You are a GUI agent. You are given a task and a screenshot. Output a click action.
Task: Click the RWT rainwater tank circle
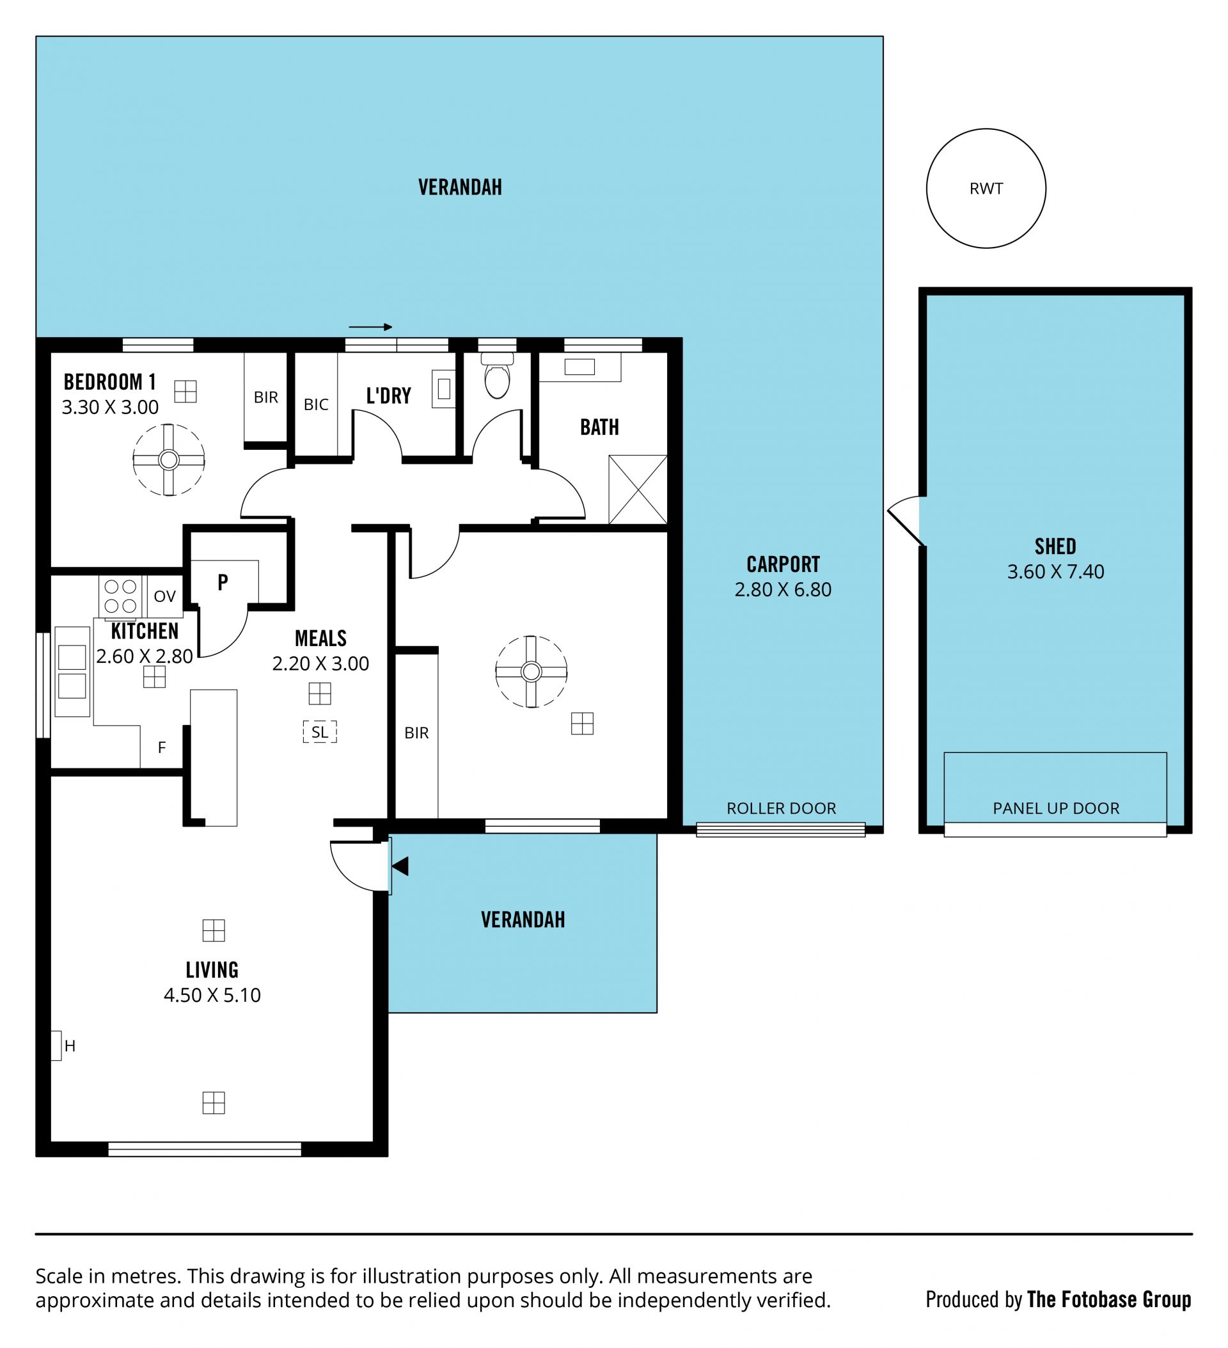point(927,189)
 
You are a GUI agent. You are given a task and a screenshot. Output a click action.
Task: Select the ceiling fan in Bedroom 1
point(168,460)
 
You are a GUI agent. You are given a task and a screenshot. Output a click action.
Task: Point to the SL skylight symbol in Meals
point(320,732)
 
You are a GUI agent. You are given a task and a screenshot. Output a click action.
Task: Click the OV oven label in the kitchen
point(165,596)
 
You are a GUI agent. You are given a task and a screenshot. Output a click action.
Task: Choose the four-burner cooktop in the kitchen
point(120,596)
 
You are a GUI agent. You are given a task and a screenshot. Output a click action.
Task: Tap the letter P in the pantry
point(223,582)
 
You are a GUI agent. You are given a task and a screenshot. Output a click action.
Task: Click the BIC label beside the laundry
point(316,404)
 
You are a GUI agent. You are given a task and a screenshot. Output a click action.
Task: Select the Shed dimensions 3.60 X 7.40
point(1055,572)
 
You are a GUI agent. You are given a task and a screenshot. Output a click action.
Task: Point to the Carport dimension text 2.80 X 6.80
point(783,590)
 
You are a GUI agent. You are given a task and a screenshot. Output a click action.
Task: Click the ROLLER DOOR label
point(782,809)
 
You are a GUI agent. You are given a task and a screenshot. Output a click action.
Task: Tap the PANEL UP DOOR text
point(1056,809)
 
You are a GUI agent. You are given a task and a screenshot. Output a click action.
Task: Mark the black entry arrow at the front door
point(400,866)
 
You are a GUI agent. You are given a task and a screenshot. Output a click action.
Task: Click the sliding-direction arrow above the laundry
point(370,327)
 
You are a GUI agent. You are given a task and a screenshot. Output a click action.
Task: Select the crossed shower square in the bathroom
point(638,489)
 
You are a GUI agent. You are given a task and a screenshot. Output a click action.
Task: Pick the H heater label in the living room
point(70,1046)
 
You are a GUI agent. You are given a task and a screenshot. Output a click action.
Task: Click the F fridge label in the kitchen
point(162,747)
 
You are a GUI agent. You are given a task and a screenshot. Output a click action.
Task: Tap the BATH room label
point(600,427)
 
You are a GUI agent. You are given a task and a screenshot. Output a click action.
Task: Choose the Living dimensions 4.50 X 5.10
point(212,995)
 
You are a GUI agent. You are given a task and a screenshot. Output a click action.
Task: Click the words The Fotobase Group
point(1109,1299)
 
